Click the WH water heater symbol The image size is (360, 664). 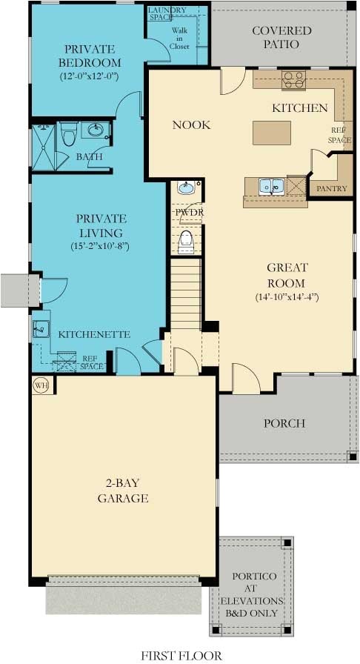pyautogui.click(x=40, y=385)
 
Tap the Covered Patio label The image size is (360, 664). pyautogui.click(x=281, y=37)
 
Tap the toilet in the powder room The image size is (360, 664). pyautogui.click(x=186, y=239)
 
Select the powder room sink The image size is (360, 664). pyautogui.click(x=185, y=188)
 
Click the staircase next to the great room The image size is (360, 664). pyautogui.click(x=186, y=290)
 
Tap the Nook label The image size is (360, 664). pyautogui.click(x=191, y=125)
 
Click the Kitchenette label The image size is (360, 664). pyautogui.click(x=94, y=334)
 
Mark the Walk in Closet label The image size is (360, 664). pyautogui.click(x=180, y=38)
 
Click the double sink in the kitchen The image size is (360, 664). pyautogui.click(x=271, y=186)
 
